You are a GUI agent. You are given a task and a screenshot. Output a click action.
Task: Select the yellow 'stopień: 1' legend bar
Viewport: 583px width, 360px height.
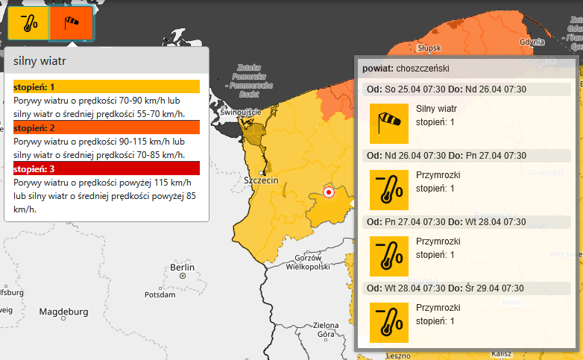[x=107, y=87]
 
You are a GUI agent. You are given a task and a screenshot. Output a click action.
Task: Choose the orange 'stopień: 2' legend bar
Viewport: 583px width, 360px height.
[x=107, y=127]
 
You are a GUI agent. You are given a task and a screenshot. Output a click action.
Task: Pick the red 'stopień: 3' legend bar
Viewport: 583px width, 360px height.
[x=107, y=168]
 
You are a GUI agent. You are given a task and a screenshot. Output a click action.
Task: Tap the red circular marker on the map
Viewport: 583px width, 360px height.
[x=328, y=192]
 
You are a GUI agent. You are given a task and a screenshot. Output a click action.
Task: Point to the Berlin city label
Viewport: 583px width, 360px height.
[x=182, y=268]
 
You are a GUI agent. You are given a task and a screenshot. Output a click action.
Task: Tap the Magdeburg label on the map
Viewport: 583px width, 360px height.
[x=64, y=311]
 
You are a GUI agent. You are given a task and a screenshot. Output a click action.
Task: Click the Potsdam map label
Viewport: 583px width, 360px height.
[x=160, y=294]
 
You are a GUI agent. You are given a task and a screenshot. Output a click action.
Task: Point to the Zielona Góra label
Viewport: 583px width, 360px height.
[x=326, y=329]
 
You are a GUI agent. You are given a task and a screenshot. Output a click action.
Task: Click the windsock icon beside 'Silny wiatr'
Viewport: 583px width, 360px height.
[x=389, y=123]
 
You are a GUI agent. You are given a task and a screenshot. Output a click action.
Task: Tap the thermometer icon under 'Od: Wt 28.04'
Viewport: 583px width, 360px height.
[x=389, y=322]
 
